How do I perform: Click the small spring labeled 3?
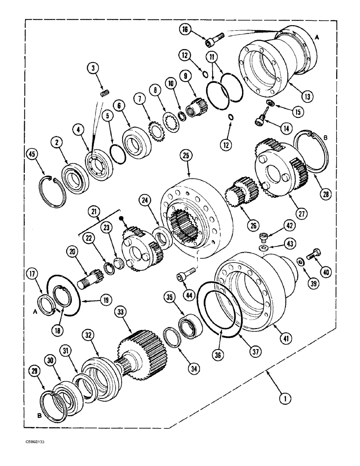point(105,94)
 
